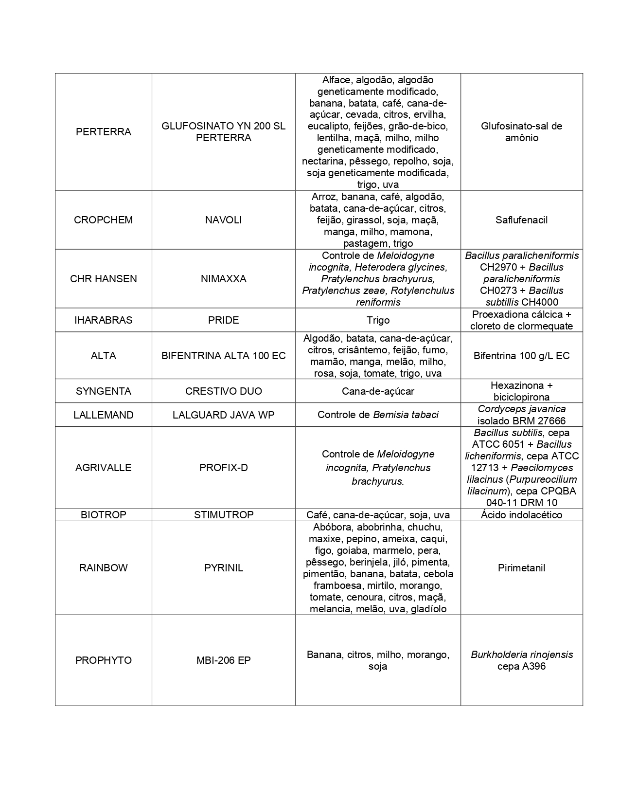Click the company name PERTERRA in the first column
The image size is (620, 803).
(x=103, y=132)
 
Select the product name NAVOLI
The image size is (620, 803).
(x=223, y=220)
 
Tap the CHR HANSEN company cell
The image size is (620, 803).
(x=103, y=279)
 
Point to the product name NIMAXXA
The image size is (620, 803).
(x=223, y=279)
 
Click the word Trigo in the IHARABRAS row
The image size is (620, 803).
(x=378, y=320)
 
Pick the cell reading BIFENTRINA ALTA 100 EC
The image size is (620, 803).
(x=223, y=356)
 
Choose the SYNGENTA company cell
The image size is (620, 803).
(x=103, y=391)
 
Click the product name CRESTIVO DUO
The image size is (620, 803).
(x=223, y=391)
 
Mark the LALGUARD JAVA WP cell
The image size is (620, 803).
(x=223, y=415)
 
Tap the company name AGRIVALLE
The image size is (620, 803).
(x=103, y=468)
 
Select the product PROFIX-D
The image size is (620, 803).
(x=223, y=468)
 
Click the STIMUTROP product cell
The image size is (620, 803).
(x=223, y=515)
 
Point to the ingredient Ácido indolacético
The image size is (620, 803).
(x=521, y=515)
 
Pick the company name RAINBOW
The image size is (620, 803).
(x=103, y=568)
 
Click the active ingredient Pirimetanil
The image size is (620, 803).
(x=521, y=568)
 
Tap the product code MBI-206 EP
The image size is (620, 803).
(x=223, y=660)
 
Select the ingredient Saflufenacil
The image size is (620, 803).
(x=521, y=220)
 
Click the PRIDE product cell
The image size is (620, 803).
(x=223, y=320)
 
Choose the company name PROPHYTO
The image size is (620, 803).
(x=103, y=660)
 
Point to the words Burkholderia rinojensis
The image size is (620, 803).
(x=521, y=655)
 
